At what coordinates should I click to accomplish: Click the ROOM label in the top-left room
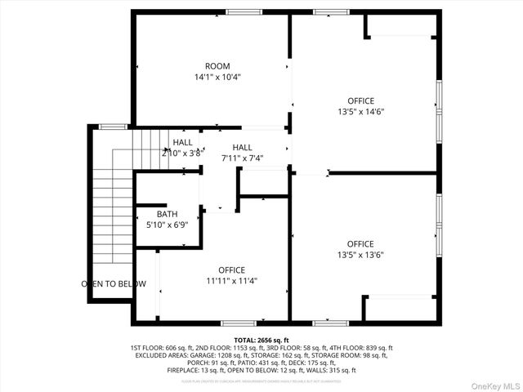(x=217, y=66)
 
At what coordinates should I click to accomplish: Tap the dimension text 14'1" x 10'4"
(x=217, y=78)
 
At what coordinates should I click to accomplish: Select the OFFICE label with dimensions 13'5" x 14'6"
(x=360, y=101)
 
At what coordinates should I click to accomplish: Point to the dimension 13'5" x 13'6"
(x=360, y=255)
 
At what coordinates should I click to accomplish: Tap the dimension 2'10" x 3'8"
(x=181, y=153)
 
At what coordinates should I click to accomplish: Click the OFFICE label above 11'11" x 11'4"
(x=231, y=270)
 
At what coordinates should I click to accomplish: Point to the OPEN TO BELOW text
(x=114, y=284)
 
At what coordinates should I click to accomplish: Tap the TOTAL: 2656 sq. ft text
(x=261, y=339)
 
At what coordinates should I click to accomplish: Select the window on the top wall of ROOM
(x=239, y=12)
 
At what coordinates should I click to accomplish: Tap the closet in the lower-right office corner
(x=400, y=308)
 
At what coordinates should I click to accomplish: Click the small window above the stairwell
(x=113, y=127)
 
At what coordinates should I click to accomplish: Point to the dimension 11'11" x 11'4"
(x=231, y=281)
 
